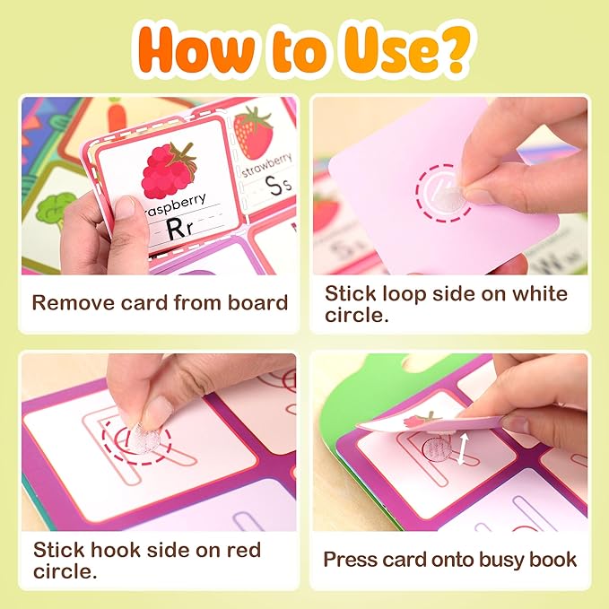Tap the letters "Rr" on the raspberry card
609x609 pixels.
[x=179, y=228]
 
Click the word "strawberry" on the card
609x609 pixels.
[x=266, y=165]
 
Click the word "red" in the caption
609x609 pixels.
[x=244, y=550]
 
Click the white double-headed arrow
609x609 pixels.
[x=463, y=449]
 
